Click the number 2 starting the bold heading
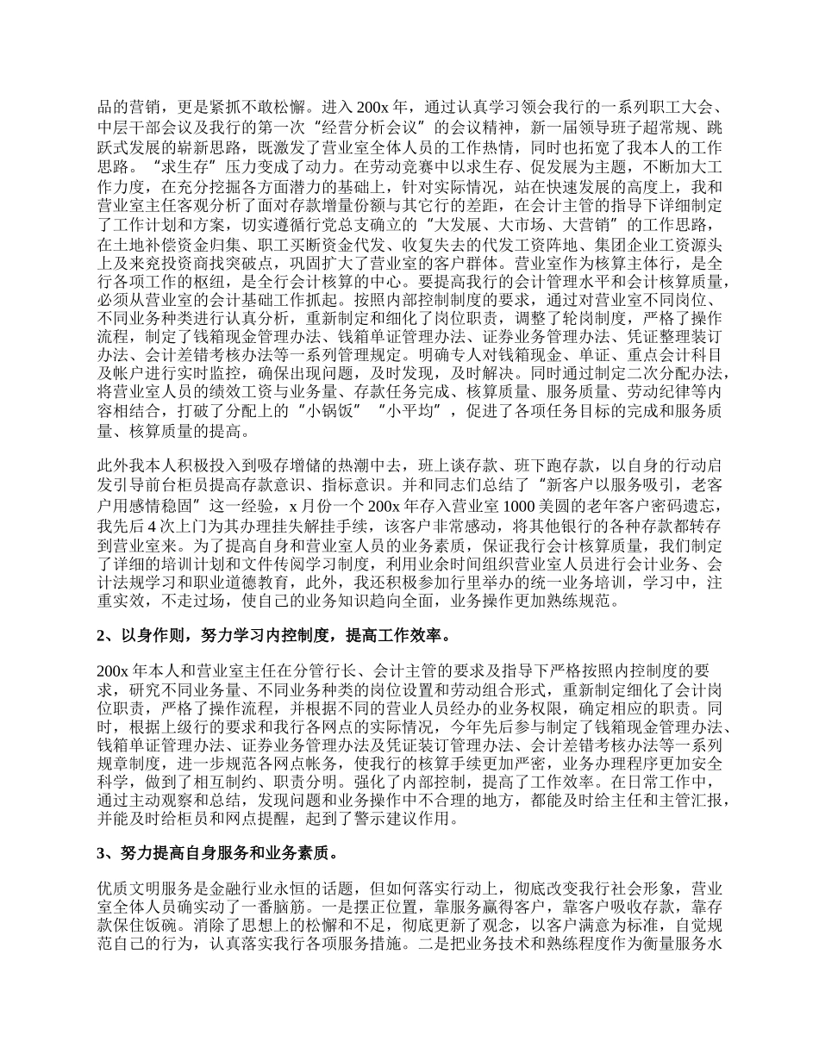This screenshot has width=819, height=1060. pyautogui.click(x=101, y=637)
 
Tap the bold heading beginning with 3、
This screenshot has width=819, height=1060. pyautogui.click(x=216, y=854)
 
